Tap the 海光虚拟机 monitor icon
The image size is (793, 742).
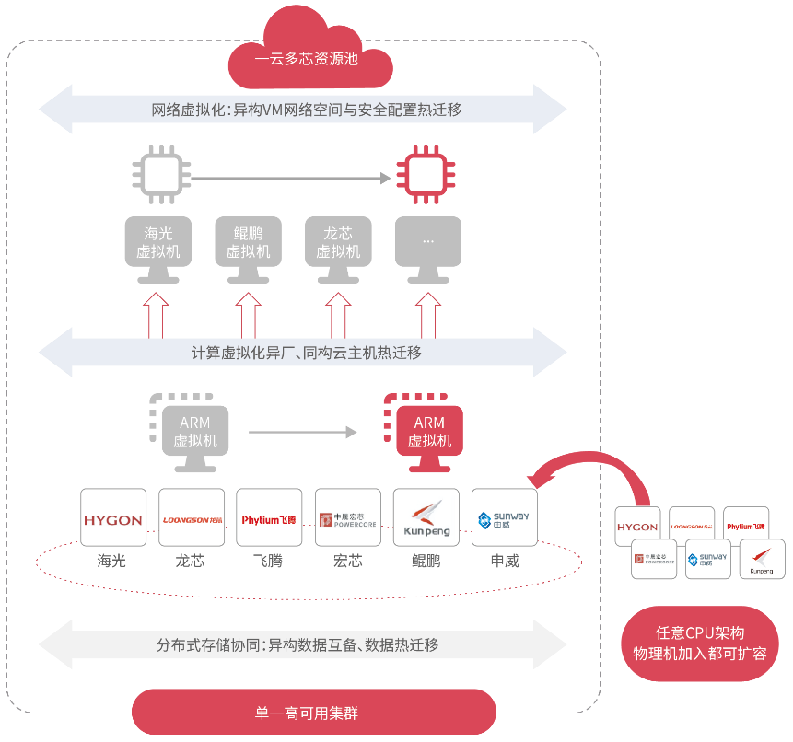pyautogui.click(x=158, y=246)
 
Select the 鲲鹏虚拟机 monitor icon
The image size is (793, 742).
pyautogui.click(x=249, y=246)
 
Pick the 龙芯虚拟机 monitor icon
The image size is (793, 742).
pyautogui.click(x=338, y=246)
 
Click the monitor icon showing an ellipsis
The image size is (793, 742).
pyautogui.click(x=428, y=246)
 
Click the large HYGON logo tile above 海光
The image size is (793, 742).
pyautogui.click(x=113, y=518)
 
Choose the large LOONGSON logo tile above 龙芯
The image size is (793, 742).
pyautogui.click(x=192, y=518)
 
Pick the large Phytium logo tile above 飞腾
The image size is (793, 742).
pyautogui.click(x=269, y=518)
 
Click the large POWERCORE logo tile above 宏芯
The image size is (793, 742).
pyautogui.click(x=347, y=518)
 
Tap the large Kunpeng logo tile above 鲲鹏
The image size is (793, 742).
pyautogui.click(x=426, y=518)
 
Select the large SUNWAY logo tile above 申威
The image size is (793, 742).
pyautogui.click(x=504, y=518)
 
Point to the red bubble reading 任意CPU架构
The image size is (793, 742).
pyautogui.click(x=700, y=643)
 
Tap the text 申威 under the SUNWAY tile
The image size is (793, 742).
pyautogui.click(x=504, y=560)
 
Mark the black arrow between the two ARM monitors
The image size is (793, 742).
pyautogui.click(x=302, y=431)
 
